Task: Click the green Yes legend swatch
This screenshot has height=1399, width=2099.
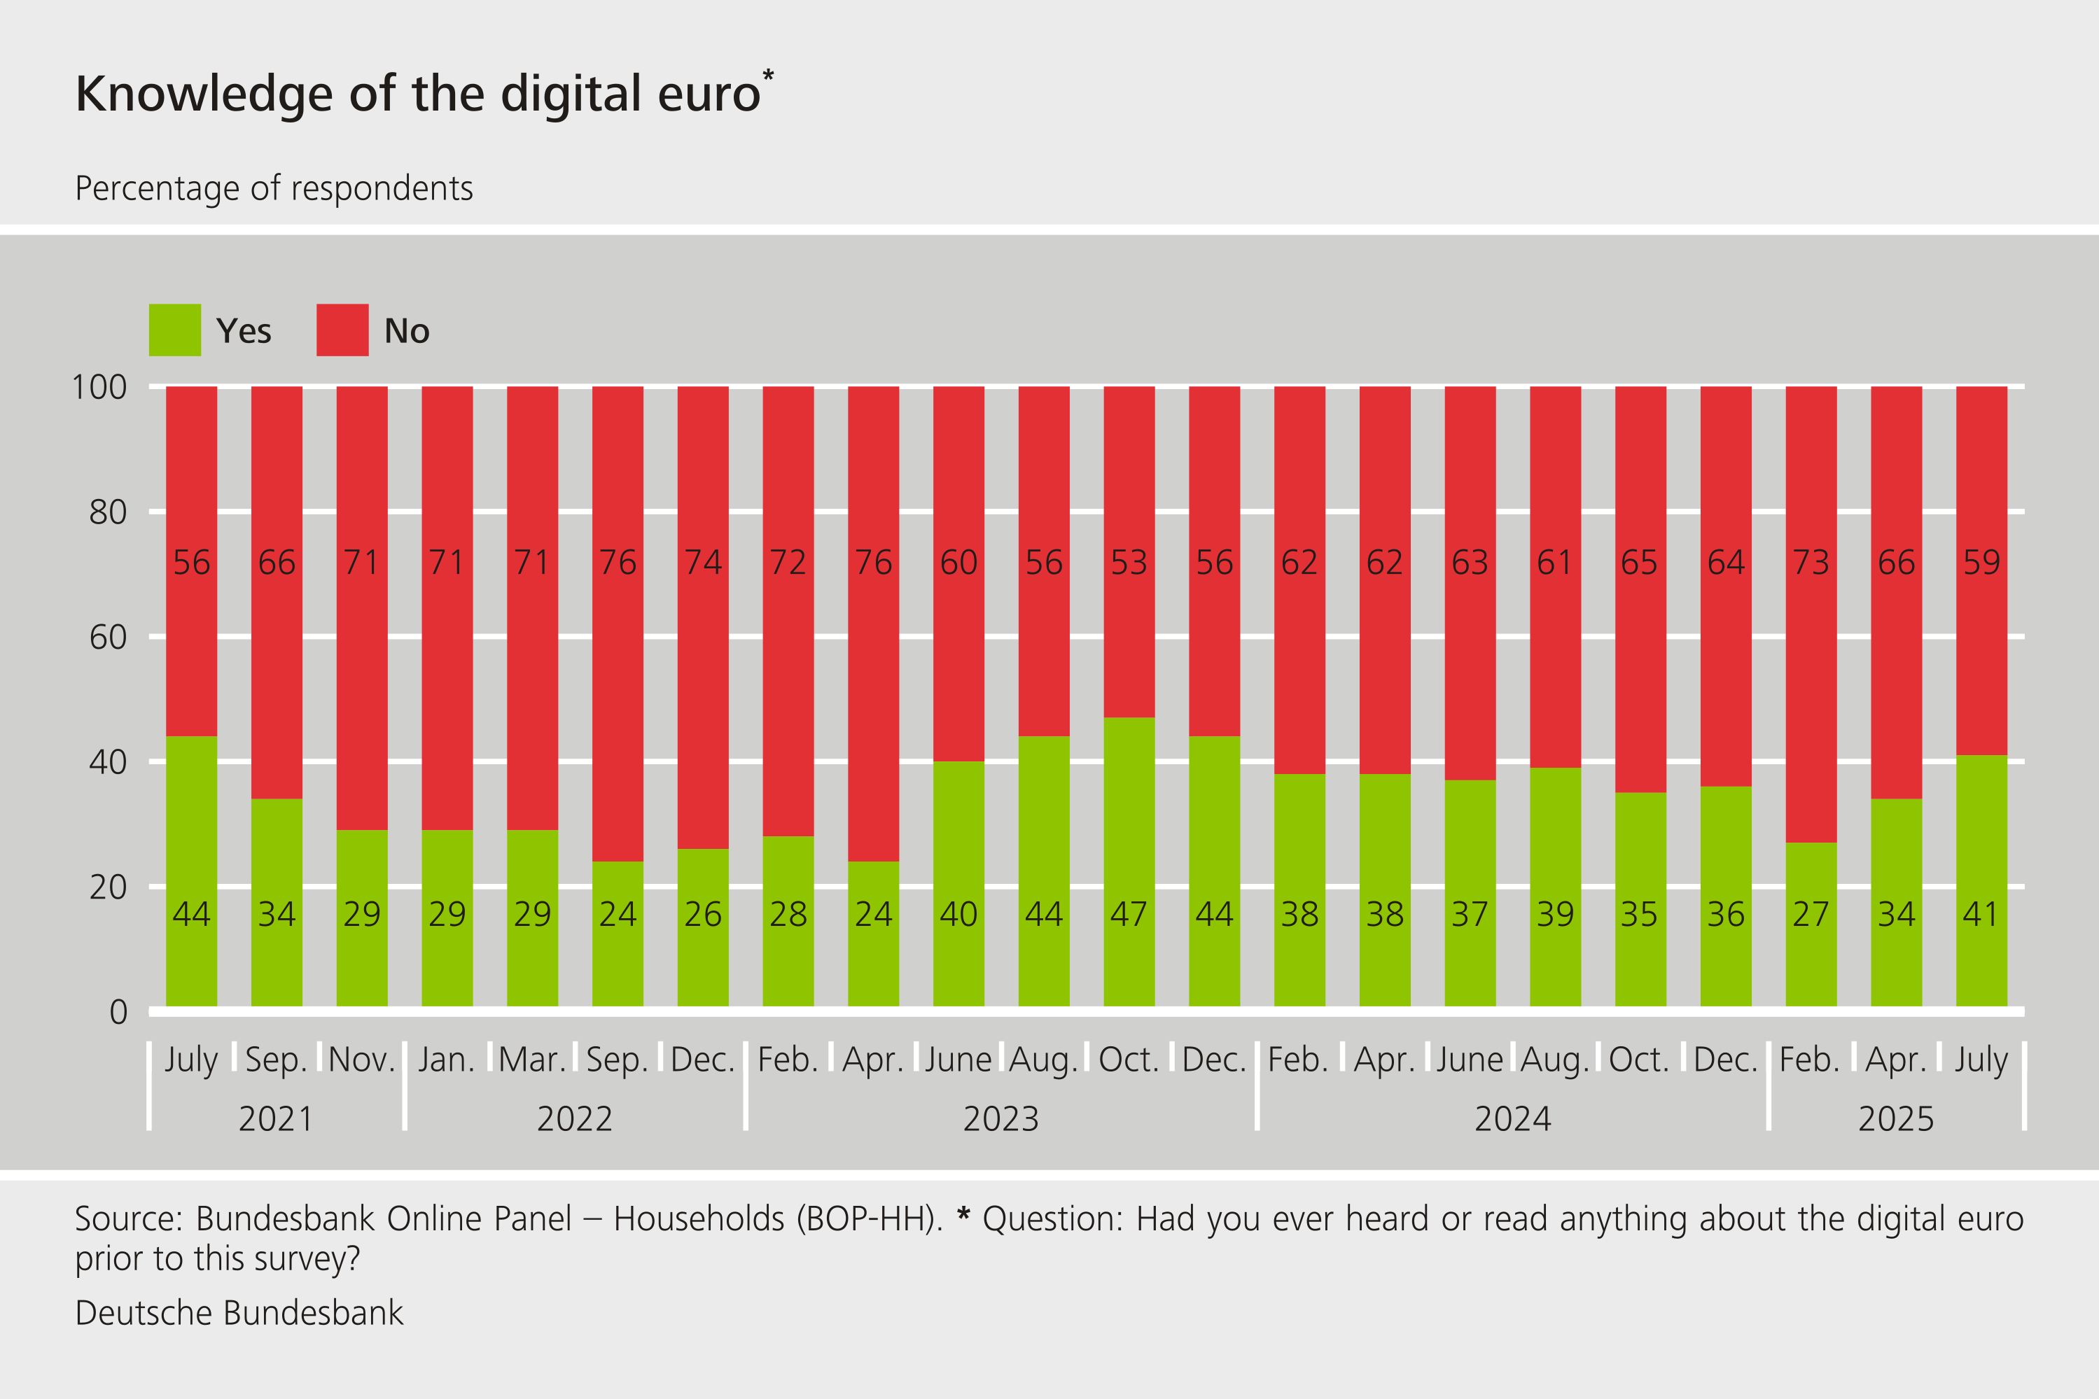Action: (x=175, y=330)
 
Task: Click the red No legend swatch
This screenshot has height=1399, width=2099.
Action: (x=342, y=330)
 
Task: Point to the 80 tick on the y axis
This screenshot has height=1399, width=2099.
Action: (x=108, y=512)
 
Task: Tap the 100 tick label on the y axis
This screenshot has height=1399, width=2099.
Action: (x=99, y=387)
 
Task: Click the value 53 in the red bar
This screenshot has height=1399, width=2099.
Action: (x=1129, y=563)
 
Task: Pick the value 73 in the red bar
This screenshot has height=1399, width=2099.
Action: (x=1811, y=563)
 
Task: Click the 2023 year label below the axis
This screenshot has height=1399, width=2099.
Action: (x=1000, y=1119)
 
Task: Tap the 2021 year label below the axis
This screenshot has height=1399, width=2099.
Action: (x=276, y=1119)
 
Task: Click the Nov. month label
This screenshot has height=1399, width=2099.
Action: (x=361, y=1060)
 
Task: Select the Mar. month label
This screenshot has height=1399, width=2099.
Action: (x=532, y=1060)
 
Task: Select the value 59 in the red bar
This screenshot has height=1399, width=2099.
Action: (x=1981, y=563)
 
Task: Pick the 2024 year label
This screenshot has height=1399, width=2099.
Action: (x=1513, y=1119)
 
